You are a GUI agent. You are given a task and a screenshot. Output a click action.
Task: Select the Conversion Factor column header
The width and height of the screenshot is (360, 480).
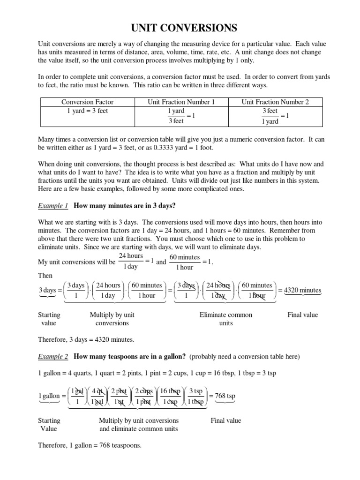[x=87, y=102]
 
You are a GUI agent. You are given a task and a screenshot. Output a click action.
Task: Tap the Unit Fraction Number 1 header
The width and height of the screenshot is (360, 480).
[x=181, y=102]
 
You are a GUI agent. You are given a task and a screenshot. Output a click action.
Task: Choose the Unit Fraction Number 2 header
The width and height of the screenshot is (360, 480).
[x=275, y=102]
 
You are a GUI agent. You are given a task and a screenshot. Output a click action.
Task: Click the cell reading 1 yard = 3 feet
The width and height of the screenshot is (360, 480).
[x=87, y=111]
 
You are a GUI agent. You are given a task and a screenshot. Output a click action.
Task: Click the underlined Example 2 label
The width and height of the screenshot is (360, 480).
[x=53, y=357]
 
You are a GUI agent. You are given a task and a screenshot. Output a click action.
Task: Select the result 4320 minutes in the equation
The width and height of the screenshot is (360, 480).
[x=303, y=290]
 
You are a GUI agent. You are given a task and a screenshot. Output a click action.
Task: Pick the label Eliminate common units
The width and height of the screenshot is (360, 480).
[x=226, y=319]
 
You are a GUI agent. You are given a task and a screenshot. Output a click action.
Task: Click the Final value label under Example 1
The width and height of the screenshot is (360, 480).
[x=302, y=315]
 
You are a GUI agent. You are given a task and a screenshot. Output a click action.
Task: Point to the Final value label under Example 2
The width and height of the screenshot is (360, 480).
[x=226, y=420]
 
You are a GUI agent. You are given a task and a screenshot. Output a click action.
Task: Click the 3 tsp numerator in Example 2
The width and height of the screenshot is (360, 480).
[x=195, y=391]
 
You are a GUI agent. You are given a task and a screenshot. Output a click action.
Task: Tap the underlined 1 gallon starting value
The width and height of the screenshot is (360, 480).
[x=49, y=396]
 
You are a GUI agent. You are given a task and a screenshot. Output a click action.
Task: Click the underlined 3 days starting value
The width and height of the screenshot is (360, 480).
[x=47, y=290]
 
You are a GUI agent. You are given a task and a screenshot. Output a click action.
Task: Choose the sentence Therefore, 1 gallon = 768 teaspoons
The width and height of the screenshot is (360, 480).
[x=90, y=445]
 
